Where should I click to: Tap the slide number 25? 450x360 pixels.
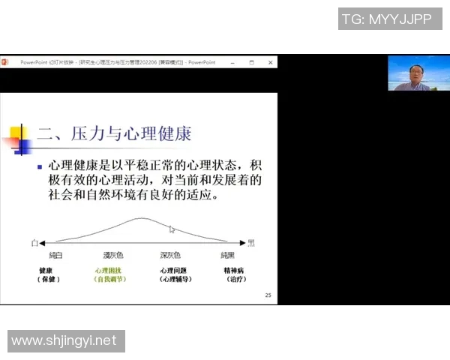click(268, 295)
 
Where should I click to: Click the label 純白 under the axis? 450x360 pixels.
click(56, 255)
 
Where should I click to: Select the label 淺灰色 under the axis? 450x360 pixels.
click(112, 255)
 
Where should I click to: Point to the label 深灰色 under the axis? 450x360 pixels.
click(172, 255)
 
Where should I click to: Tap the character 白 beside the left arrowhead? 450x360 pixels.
click(34, 243)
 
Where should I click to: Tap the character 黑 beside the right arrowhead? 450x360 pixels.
click(251, 243)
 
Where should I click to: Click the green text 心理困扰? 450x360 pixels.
click(109, 270)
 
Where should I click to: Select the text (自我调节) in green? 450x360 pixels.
click(109, 279)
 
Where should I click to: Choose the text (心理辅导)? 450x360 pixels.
click(175, 279)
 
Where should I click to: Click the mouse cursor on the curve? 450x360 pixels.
click(172, 229)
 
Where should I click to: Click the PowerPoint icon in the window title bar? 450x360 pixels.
click(4, 62)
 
